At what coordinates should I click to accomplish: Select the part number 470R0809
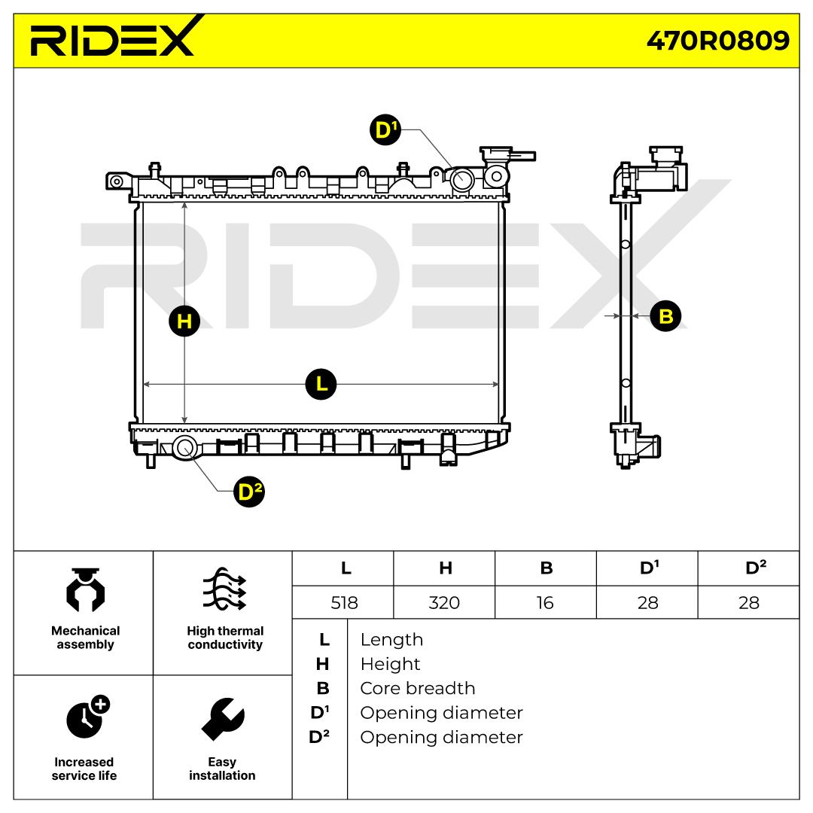tap(718, 41)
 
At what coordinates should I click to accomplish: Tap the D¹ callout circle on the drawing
tap(385, 129)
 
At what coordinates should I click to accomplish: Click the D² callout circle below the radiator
tap(249, 492)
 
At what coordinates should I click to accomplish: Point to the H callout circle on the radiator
tap(184, 321)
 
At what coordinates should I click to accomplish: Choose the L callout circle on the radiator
tap(321, 384)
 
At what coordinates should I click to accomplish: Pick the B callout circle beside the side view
tap(665, 315)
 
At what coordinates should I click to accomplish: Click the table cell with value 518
tap(344, 602)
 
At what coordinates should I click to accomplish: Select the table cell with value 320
tap(444, 602)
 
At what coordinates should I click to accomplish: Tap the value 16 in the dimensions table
tap(545, 602)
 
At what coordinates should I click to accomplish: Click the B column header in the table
tap(546, 568)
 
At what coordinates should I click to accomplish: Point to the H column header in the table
tap(446, 568)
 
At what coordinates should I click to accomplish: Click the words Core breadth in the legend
tap(417, 688)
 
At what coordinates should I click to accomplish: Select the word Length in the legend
tap(391, 640)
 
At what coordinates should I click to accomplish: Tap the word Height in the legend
tap(390, 664)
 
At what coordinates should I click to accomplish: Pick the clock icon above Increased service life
tap(88, 717)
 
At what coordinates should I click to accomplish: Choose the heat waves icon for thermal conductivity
tap(224, 589)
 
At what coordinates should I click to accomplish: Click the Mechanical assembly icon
tap(86, 590)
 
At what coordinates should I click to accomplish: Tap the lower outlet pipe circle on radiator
tap(185, 448)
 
